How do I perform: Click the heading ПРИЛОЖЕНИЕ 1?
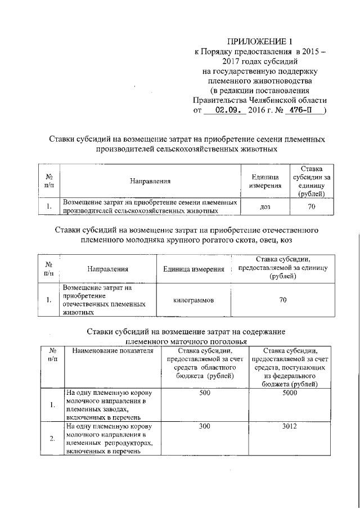[x=260, y=41]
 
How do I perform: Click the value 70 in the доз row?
[x=310, y=207]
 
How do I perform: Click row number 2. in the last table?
[x=52, y=439]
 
